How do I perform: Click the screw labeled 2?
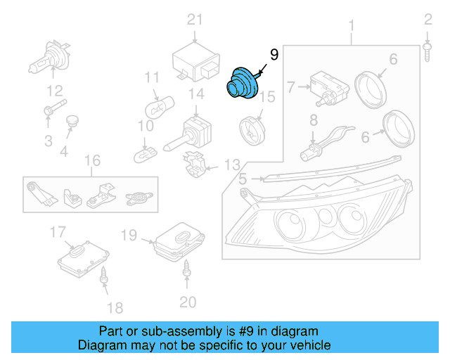[427, 49]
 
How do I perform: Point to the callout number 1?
[352, 27]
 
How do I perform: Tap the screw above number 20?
[188, 267]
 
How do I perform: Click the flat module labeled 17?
[82, 256]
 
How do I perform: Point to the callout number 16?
[92, 161]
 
